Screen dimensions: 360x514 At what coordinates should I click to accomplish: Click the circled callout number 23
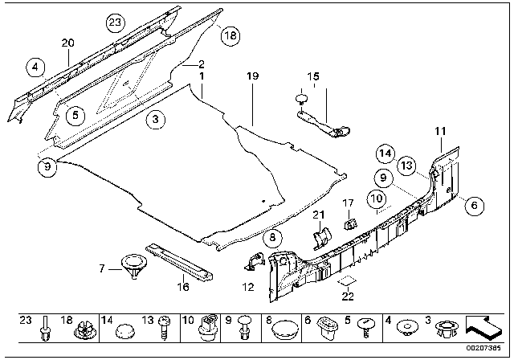(116, 22)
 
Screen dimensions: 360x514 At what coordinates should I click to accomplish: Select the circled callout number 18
(230, 35)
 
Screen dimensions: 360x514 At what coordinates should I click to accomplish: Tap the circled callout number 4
(35, 67)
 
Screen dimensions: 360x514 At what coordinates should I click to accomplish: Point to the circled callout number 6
(474, 207)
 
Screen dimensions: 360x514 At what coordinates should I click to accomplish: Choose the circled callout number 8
(271, 237)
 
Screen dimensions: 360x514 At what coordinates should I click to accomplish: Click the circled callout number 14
(385, 153)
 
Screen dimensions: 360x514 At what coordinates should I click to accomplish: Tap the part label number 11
(439, 130)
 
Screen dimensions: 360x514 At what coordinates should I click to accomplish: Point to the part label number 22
(347, 294)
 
